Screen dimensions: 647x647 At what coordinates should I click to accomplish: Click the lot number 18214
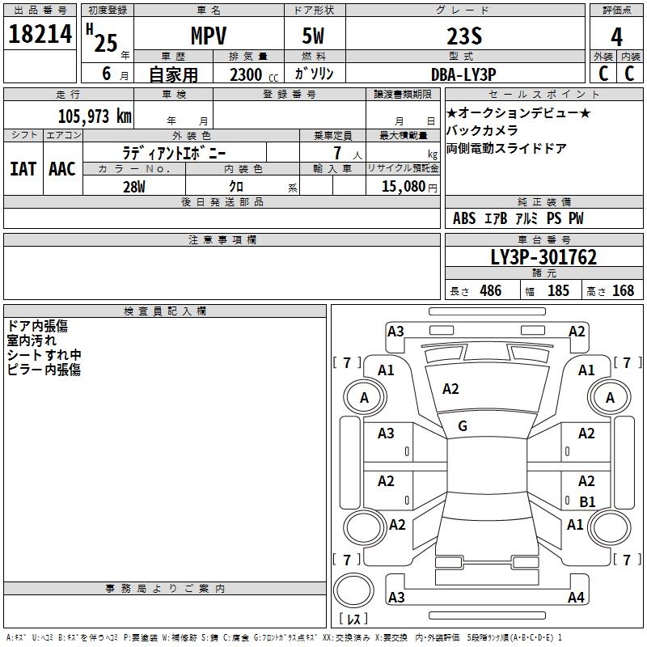click(x=41, y=35)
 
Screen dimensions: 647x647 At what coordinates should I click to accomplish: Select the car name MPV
click(x=208, y=36)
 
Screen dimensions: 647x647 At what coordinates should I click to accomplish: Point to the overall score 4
click(x=617, y=36)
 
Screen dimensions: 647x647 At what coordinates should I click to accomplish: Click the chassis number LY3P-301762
click(x=543, y=258)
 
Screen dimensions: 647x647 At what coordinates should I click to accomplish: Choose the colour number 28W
click(x=134, y=186)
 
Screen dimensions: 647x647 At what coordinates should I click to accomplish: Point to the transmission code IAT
click(x=23, y=169)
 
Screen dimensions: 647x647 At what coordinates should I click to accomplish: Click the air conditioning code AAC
click(x=62, y=169)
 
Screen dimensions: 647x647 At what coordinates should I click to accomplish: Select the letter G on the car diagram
click(x=463, y=425)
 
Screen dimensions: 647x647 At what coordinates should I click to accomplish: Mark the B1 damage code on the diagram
click(x=587, y=501)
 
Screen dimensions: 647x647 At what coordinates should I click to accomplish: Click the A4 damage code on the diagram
click(x=576, y=598)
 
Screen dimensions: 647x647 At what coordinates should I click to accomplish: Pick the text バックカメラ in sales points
click(x=483, y=130)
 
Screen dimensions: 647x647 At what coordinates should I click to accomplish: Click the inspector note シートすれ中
click(x=44, y=355)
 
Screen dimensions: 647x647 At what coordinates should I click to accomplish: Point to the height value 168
click(x=623, y=290)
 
